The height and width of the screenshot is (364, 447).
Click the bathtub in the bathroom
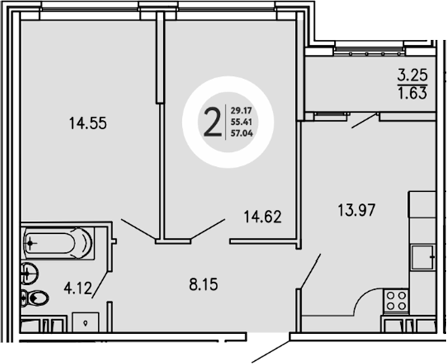tap(57, 243)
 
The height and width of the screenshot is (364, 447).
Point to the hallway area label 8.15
tap(200, 284)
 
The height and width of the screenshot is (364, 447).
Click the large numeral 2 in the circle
tap(212, 120)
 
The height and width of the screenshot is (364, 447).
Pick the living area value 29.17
tap(241, 108)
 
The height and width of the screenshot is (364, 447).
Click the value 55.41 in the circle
tap(241, 122)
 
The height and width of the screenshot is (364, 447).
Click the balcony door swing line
tap(364, 120)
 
